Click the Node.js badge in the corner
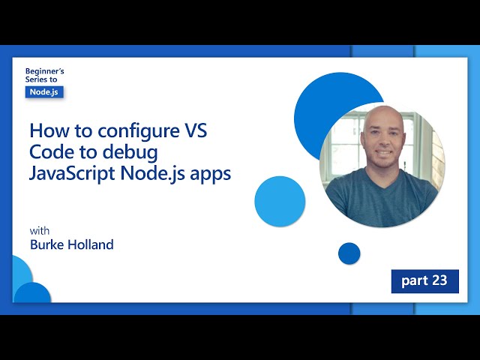pyautogui.click(x=44, y=91)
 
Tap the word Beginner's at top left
pyautogui.click(x=44, y=70)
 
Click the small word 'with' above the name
pyautogui.click(x=39, y=230)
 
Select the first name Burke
pyautogui.click(x=49, y=244)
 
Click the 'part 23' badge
pyautogui.click(x=424, y=280)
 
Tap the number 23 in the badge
pyautogui.click(x=439, y=280)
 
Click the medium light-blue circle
pyautogui.click(x=280, y=201)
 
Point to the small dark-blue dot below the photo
pyautogui.click(x=349, y=253)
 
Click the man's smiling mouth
pyautogui.click(x=382, y=155)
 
